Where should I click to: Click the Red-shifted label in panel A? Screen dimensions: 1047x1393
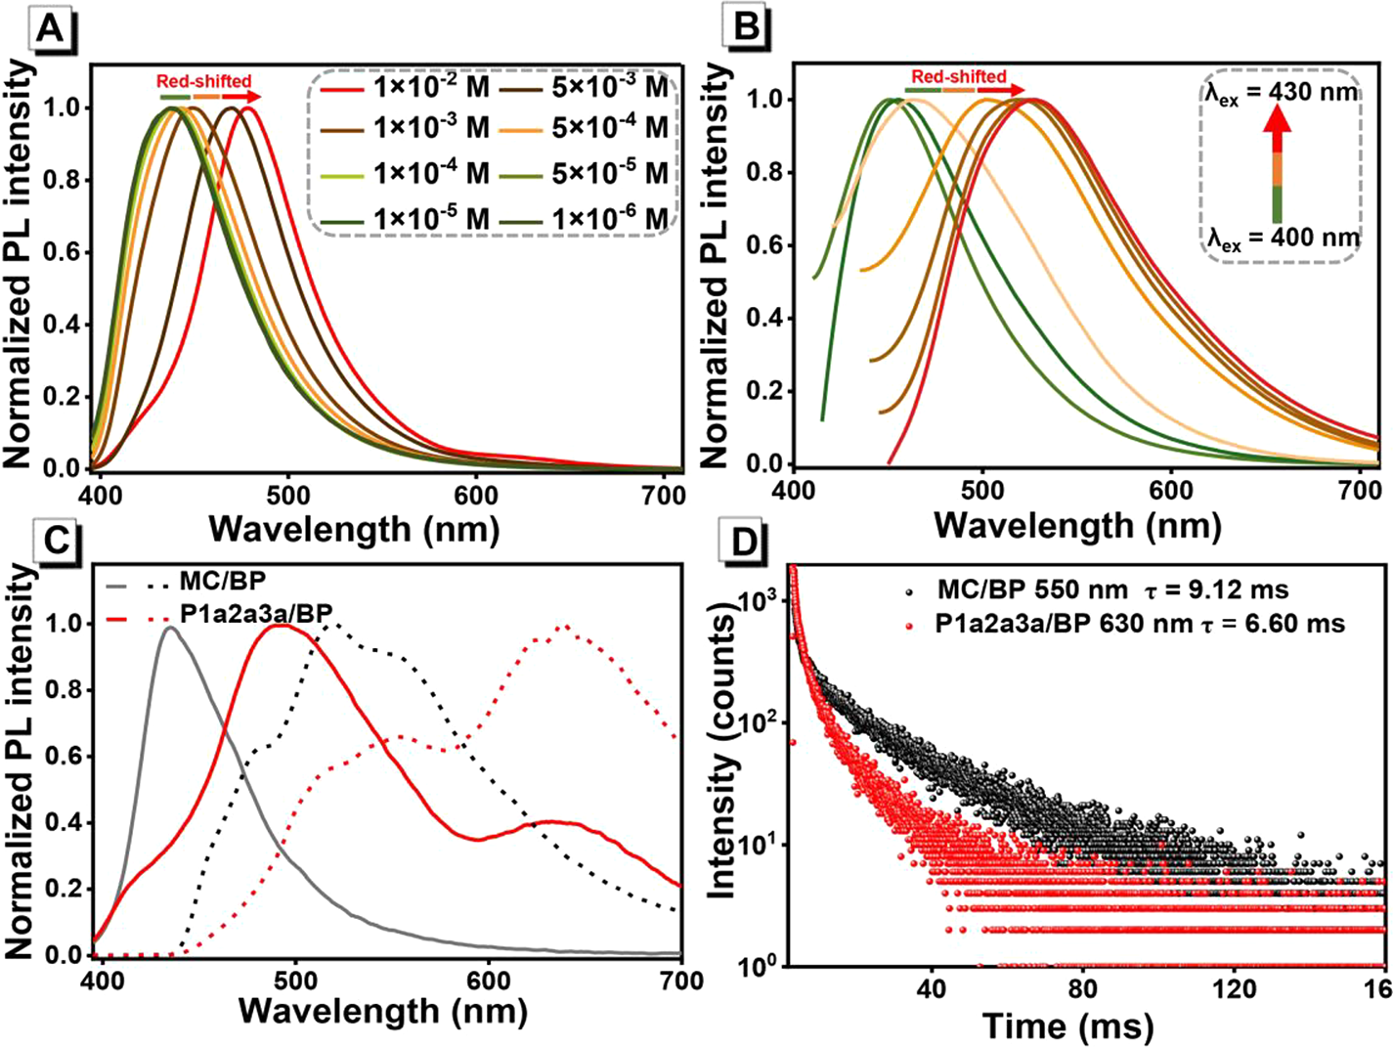click(204, 81)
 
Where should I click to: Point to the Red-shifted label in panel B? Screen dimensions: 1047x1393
click(958, 76)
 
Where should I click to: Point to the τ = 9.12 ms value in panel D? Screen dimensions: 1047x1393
click(1228, 590)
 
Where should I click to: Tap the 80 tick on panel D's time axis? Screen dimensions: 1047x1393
click(1082, 989)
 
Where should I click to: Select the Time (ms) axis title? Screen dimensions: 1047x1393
click(1067, 1025)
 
